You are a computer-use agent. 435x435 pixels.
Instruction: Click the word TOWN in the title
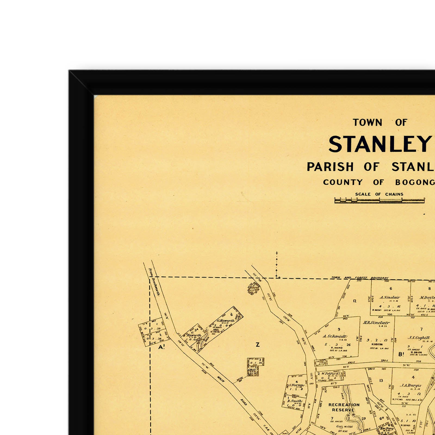(367, 123)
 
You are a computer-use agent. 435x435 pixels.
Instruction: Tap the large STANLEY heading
(380, 144)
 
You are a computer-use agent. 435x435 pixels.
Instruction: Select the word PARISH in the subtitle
(330, 167)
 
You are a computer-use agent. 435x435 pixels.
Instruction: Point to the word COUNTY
(343, 182)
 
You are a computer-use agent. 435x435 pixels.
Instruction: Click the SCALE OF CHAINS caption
(379, 194)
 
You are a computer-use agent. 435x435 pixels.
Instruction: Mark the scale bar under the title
(379, 201)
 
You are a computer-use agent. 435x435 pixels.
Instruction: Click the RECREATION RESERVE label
(344, 407)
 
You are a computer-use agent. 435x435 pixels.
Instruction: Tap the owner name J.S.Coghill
(419, 338)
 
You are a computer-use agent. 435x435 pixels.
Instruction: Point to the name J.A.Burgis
(411, 385)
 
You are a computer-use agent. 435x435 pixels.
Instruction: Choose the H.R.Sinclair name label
(376, 323)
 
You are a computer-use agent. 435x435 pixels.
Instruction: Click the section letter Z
(257, 345)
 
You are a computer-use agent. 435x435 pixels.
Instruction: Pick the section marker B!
(401, 354)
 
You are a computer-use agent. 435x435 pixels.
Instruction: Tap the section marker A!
(161, 347)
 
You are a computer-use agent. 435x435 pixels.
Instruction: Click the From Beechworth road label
(154, 282)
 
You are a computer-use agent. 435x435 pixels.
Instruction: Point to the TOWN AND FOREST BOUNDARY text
(360, 278)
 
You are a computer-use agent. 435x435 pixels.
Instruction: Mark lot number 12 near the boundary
(355, 301)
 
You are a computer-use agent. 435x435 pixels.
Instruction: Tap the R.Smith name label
(295, 401)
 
